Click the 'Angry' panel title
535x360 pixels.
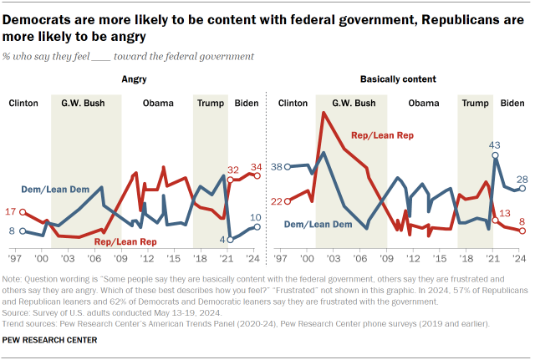[133, 79]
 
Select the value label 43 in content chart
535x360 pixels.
[495, 145]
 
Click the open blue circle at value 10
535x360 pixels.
[257, 226]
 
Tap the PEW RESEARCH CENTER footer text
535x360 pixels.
[50, 341]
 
